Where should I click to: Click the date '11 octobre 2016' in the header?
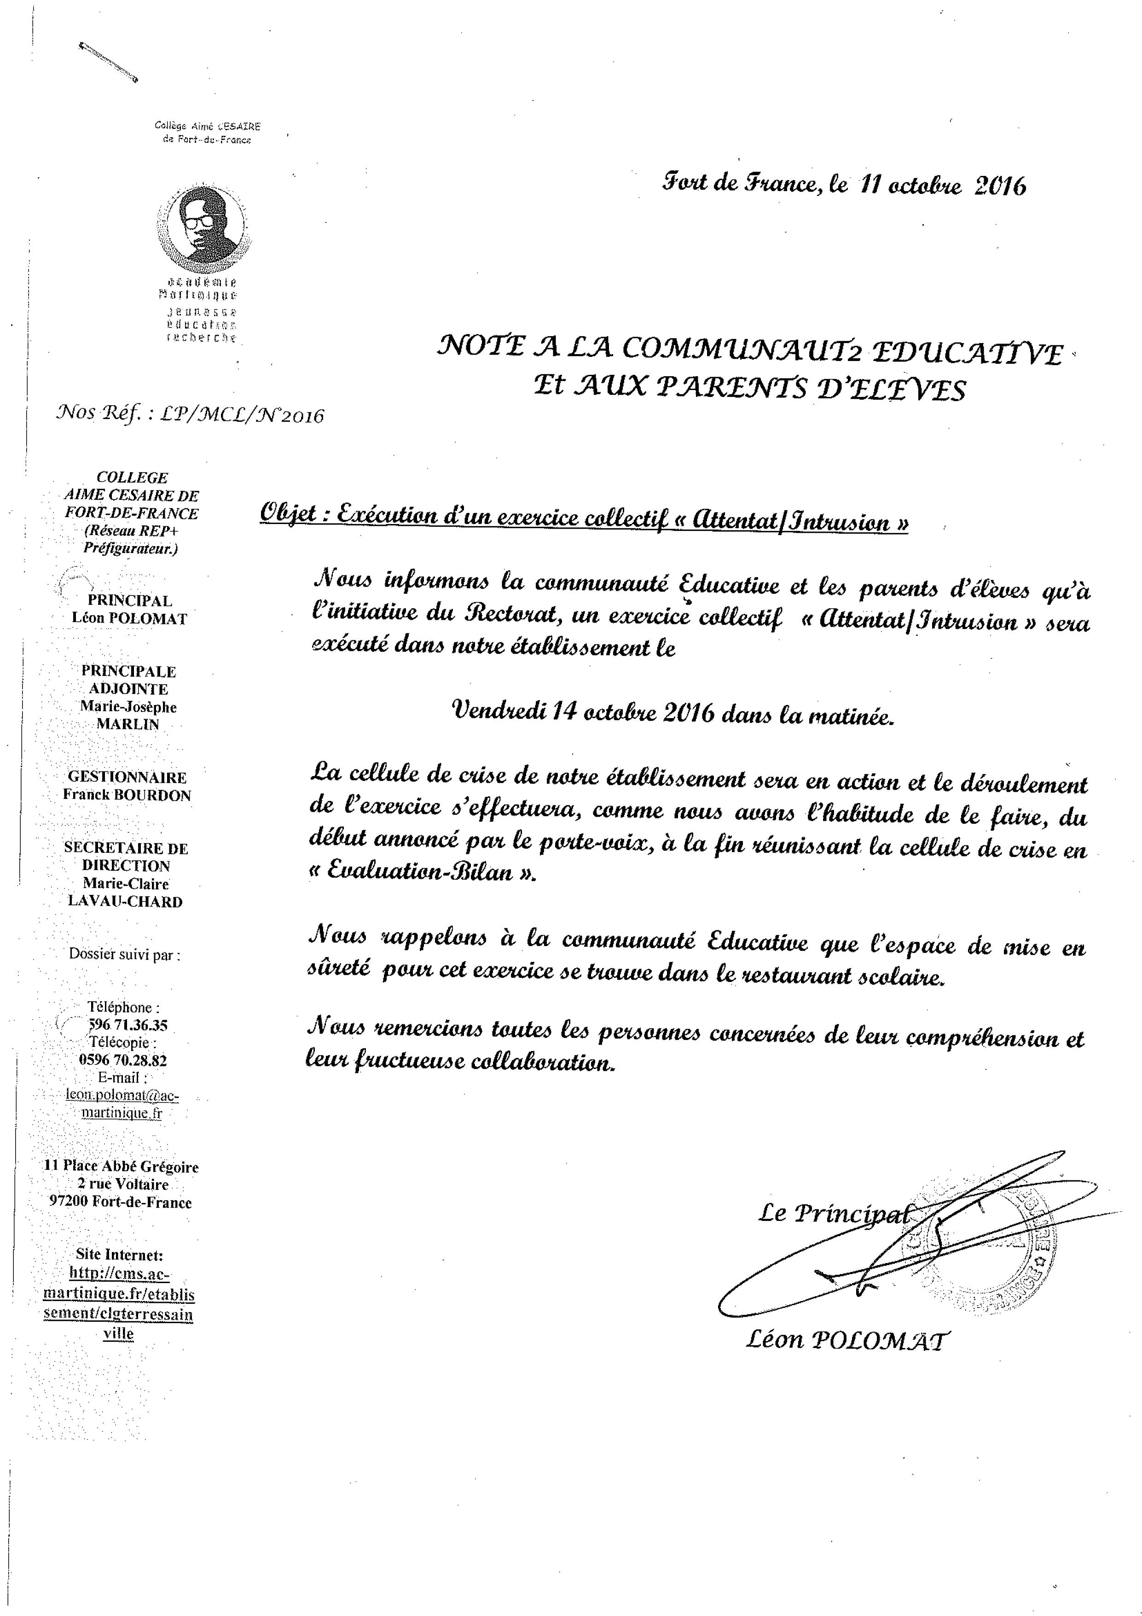pos(941,186)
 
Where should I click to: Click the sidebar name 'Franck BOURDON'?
pos(127,795)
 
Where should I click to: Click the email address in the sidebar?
pos(123,1103)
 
